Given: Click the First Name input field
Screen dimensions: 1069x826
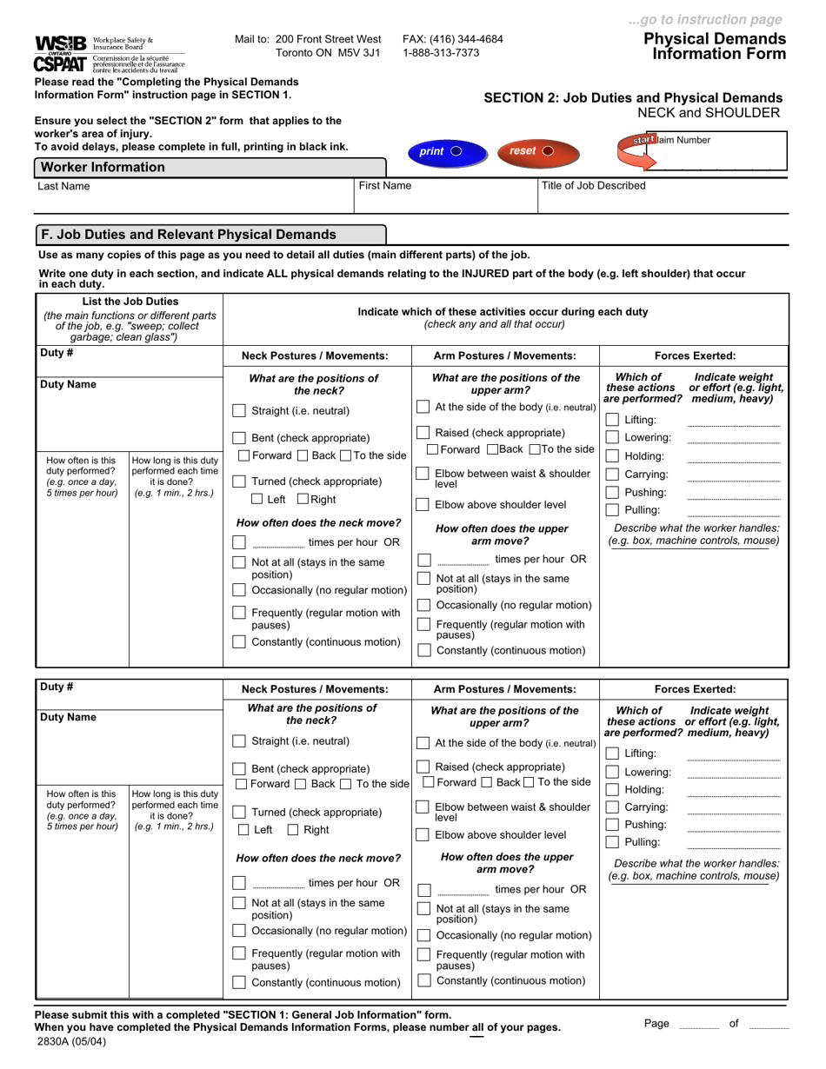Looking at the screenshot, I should [446, 201].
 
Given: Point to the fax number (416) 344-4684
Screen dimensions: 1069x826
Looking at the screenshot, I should [452, 39].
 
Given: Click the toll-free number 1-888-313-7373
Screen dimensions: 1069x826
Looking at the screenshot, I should [441, 53].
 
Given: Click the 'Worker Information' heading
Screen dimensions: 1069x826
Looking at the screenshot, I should [103, 168].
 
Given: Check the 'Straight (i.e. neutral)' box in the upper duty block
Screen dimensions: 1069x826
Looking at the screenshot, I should [239, 411].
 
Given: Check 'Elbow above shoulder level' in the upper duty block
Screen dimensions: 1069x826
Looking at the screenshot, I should [423, 505].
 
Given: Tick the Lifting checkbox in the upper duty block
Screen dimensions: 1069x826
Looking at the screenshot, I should [612, 421].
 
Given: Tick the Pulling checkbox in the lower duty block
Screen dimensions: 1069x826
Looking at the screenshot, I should [612, 842].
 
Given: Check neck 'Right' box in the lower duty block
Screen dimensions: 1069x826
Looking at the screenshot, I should [293, 830].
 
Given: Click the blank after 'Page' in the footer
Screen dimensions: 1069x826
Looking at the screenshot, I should [698, 1025].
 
